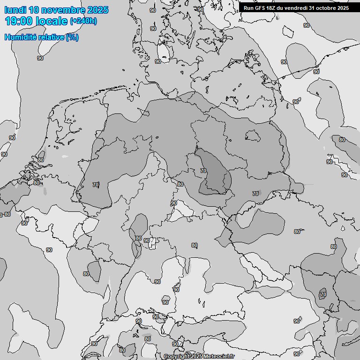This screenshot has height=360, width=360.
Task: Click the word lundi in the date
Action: click(x=15, y=10)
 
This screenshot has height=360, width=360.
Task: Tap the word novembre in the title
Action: click(x=64, y=10)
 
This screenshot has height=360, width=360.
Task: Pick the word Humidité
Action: click(x=19, y=37)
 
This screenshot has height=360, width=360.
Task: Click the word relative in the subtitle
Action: click(x=49, y=37)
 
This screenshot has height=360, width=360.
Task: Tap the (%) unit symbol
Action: click(x=72, y=37)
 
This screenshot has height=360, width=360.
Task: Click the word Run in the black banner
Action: click(x=248, y=8)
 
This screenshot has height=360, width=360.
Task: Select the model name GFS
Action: click(x=260, y=8)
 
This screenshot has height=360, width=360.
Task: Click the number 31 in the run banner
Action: click(x=313, y=8)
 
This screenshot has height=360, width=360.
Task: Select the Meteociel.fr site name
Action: click(x=218, y=356)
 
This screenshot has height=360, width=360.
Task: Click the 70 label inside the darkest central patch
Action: click(x=203, y=171)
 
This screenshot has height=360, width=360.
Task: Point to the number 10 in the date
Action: click(x=34, y=10)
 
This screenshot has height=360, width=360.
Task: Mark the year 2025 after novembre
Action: click(x=97, y=10)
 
